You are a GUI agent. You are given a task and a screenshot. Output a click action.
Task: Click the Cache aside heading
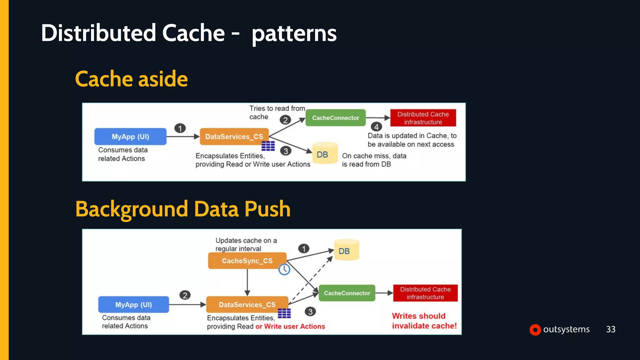click(x=131, y=79)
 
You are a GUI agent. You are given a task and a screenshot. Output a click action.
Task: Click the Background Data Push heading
click(x=183, y=209)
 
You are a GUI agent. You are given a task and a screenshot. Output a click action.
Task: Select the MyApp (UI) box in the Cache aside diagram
click(x=130, y=137)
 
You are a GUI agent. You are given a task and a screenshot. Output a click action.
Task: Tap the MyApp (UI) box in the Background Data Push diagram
click(x=133, y=305)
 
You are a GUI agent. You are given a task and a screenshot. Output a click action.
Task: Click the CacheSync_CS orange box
click(x=247, y=261)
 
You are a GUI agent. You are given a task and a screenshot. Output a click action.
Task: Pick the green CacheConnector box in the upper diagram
click(x=335, y=118)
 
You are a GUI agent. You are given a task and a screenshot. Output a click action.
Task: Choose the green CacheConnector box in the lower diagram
click(x=347, y=293)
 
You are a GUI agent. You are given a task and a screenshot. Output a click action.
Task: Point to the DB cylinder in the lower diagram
click(x=346, y=250)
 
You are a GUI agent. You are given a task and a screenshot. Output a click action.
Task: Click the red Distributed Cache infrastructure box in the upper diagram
click(x=423, y=118)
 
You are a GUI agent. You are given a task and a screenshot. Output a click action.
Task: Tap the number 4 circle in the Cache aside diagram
click(x=376, y=127)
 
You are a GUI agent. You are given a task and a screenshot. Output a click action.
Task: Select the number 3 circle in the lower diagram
click(x=310, y=312)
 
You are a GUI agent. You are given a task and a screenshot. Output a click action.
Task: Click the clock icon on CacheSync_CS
click(x=284, y=269)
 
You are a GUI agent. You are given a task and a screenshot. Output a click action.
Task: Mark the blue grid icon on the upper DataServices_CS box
click(x=268, y=146)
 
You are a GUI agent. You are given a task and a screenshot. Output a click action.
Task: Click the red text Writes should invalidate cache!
click(x=424, y=321)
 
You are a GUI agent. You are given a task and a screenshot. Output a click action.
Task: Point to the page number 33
click(x=611, y=329)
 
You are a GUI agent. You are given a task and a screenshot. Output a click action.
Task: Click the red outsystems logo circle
click(x=535, y=330)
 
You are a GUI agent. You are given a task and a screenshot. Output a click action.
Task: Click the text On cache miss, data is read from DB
click(x=374, y=160)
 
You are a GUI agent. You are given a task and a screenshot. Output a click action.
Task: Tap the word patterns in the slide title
click(x=294, y=34)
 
